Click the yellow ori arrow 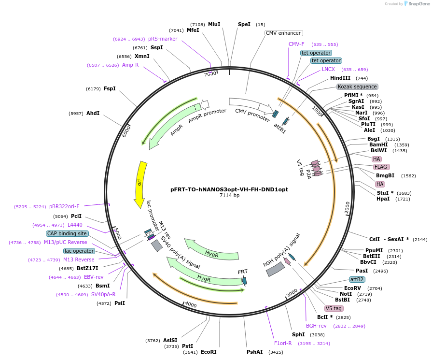[x=140, y=184]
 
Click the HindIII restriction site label [x=340, y=78]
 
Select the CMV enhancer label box [x=283, y=33]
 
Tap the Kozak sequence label [x=357, y=86]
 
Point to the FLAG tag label [x=381, y=167]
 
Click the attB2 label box [x=357, y=279]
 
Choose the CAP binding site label [x=67, y=234]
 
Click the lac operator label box [x=79, y=251]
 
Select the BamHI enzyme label [x=378, y=145]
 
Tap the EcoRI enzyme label [x=209, y=352]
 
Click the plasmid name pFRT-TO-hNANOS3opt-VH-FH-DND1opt [x=229, y=189]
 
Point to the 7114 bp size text [x=229, y=195]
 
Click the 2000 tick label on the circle [x=347, y=207]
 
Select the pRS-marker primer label [x=163, y=39]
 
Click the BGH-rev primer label [x=316, y=326]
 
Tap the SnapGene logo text [x=419, y=4]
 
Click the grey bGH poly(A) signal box [x=276, y=269]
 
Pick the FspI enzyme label [x=110, y=88]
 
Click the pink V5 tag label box [x=334, y=308]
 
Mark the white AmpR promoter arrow [x=205, y=105]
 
